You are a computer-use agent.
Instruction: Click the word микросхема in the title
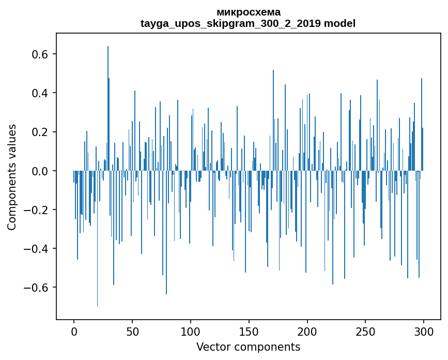click(x=248, y=12)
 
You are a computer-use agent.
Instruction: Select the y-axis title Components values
click(x=12, y=177)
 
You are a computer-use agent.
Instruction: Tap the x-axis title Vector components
click(x=248, y=347)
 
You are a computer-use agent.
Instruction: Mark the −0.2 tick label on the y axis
click(x=37, y=209)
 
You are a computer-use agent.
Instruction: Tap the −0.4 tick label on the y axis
click(x=37, y=248)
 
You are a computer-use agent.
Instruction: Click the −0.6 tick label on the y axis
click(x=37, y=287)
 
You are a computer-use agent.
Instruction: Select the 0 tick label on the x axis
click(x=74, y=331)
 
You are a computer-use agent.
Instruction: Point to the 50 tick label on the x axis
click(x=132, y=331)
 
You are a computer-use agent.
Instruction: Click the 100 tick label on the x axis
click(x=191, y=331)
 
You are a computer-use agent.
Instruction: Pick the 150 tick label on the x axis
click(x=249, y=331)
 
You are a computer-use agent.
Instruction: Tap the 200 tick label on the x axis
click(x=307, y=331)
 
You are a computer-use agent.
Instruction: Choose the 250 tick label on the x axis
click(x=366, y=331)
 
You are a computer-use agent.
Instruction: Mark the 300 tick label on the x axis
click(x=424, y=331)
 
